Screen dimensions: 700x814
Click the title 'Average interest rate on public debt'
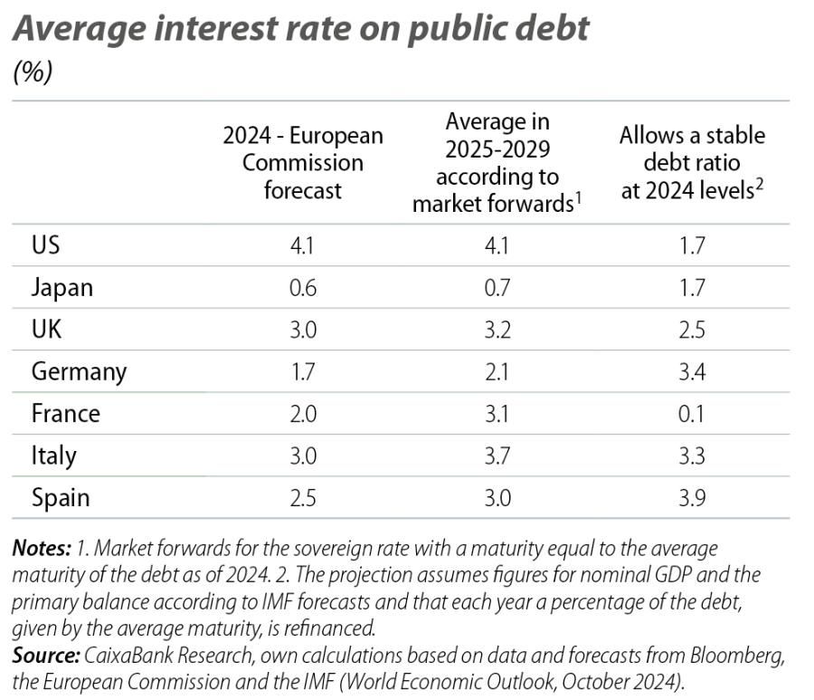[x=300, y=29]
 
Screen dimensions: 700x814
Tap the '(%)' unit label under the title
[x=32, y=73]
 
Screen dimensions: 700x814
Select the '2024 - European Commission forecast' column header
[x=303, y=163]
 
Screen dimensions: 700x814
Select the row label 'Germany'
[x=79, y=371]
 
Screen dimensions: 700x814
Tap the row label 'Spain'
[x=61, y=497]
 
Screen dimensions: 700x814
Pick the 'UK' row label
[x=46, y=329]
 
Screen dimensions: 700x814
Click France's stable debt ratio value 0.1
[x=692, y=413]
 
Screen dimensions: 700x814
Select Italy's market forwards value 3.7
[x=497, y=455]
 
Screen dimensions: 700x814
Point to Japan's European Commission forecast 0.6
[x=303, y=287]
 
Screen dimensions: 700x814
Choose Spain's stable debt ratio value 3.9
[x=692, y=497]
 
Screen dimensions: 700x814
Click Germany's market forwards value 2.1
[x=497, y=371]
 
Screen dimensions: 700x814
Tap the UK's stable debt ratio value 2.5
[x=692, y=329]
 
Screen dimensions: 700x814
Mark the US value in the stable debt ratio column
[x=692, y=245]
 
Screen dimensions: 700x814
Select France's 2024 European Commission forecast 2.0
[x=303, y=413]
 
